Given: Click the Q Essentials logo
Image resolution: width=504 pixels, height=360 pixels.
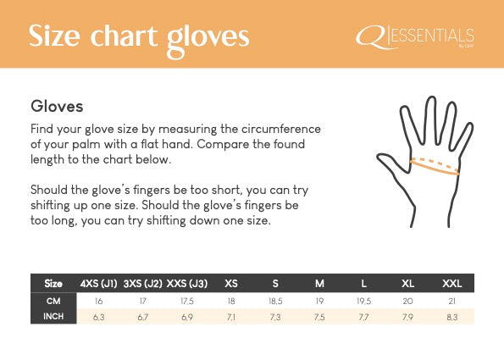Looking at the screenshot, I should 415,36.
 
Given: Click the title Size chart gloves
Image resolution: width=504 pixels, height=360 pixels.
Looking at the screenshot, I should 139,36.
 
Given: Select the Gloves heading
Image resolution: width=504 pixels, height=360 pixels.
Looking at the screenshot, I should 56,108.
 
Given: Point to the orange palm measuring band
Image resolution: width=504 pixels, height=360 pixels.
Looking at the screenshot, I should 435,165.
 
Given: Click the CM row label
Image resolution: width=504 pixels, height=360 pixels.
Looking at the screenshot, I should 53,301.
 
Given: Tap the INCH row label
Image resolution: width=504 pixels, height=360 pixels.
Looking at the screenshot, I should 53,317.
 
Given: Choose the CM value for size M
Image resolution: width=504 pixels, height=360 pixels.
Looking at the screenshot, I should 318,301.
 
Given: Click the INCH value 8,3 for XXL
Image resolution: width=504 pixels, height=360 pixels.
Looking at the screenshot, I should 451,317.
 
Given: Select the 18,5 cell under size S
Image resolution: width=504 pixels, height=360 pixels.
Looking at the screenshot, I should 274,301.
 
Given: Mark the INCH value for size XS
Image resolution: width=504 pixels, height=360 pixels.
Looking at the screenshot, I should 230,317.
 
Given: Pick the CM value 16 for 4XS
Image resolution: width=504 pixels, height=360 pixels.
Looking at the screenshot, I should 99,301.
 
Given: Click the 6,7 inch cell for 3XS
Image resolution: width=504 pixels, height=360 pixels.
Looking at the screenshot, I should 142,317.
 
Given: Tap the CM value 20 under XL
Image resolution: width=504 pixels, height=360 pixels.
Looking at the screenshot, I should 407,301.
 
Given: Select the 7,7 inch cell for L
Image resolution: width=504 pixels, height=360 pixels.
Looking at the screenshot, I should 363,317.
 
